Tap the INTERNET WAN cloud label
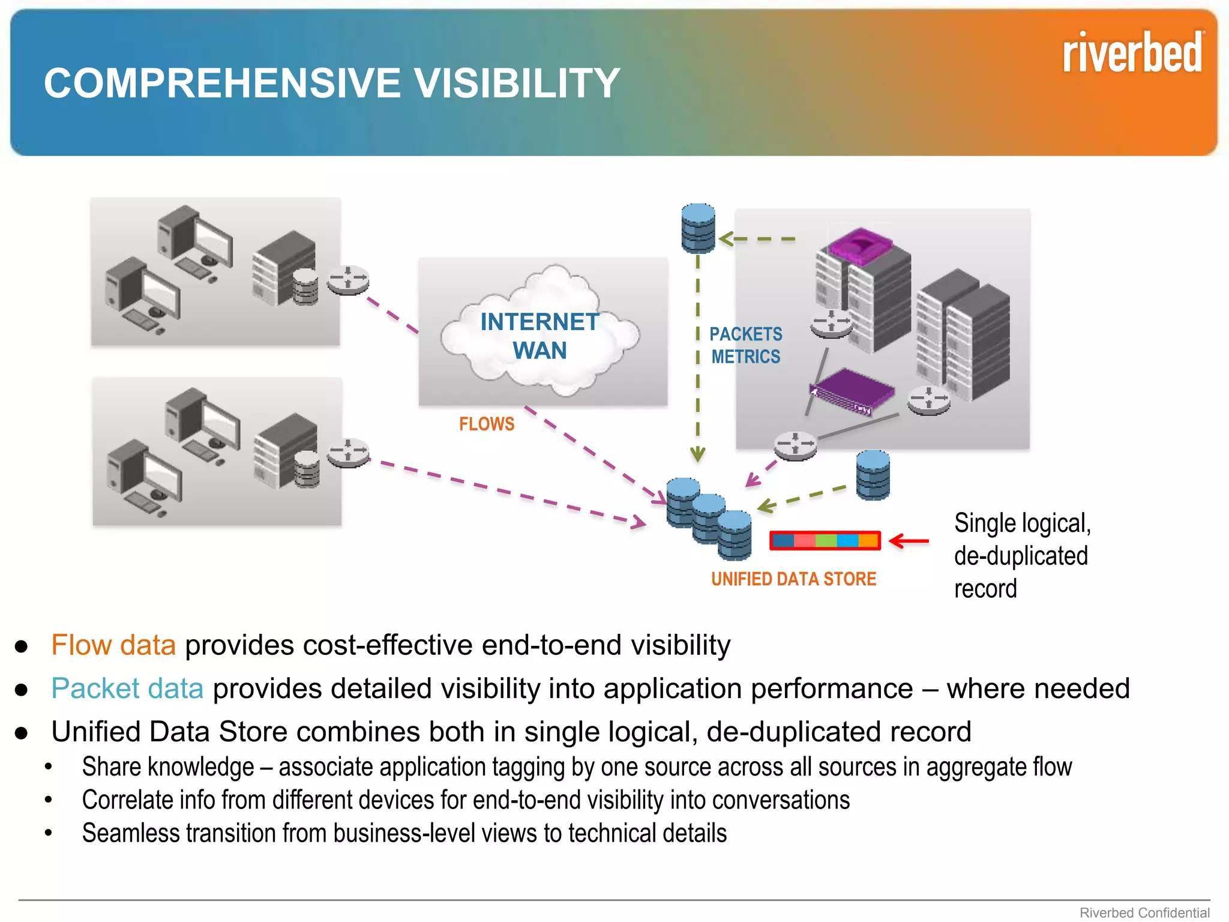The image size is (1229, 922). [539, 336]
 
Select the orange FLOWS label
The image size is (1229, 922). [487, 424]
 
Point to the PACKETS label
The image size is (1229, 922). [745, 334]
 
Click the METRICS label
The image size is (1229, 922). [745, 357]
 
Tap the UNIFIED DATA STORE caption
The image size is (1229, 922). [793, 579]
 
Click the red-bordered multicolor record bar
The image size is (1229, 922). [825, 541]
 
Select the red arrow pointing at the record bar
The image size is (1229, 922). [909, 541]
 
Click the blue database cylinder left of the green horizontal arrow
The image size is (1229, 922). [698, 228]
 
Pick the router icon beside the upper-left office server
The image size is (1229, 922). [348, 280]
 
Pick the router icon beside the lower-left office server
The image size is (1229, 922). [348, 453]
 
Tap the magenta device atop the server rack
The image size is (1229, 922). [860, 246]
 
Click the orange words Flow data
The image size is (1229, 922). [113, 645]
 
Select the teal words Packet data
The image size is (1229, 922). [127, 688]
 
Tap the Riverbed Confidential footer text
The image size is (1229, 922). [1144, 912]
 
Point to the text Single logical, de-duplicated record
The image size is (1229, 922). [1021, 556]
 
